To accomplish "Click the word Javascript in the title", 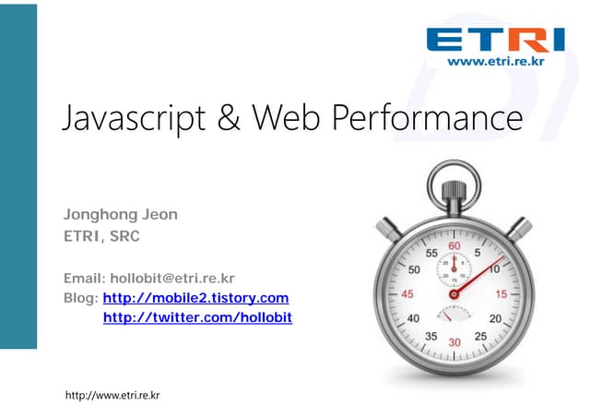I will coord(133,120).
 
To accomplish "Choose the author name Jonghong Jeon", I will coord(120,215).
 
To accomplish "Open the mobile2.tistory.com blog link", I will coord(195,298).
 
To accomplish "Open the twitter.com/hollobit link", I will coord(197,317).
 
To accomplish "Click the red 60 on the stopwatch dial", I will coord(454,247).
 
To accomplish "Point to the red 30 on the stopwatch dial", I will coord(453,341).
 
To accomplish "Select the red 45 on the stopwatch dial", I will coord(406,294).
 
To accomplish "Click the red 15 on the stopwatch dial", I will coord(501,294).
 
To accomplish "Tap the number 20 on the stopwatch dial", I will coord(495,318).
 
